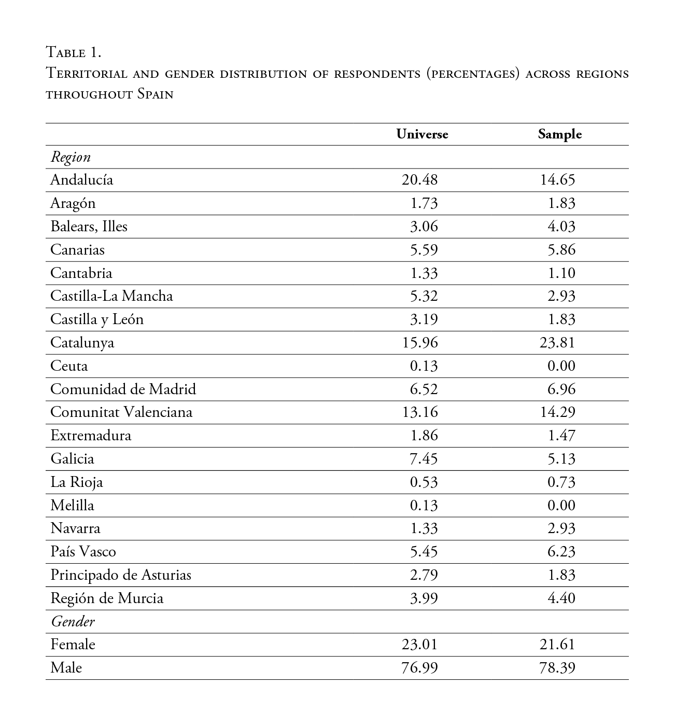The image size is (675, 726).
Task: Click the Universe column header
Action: (x=422, y=134)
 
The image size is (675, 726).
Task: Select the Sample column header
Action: (x=559, y=134)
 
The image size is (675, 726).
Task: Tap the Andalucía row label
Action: (x=81, y=180)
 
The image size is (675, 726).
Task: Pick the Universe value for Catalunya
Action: (x=419, y=343)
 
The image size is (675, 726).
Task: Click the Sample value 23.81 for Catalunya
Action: (x=557, y=343)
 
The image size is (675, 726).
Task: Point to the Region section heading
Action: (x=71, y=157)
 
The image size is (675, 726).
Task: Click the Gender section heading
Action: (x=73, y=621)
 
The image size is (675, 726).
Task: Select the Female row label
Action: (x=73, y=645)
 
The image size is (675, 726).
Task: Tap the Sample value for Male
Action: (x=557, y=668)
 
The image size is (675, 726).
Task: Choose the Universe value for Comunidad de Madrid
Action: (x=424, y=389)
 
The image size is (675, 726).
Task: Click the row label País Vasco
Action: (x=83, y=552)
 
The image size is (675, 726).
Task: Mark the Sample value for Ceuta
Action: (x=561, y=366)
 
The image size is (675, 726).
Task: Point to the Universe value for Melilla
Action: (x=424, y=506)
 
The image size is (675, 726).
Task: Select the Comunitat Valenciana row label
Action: (x=121, y=412)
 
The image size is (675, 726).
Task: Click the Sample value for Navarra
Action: (x=561, y=528)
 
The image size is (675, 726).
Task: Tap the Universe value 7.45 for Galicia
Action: (x=424, y=459)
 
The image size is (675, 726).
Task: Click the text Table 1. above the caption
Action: (x=73, y=52)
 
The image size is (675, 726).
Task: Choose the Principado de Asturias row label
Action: (x=121, y=575)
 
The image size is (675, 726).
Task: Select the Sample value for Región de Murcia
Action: (x=561, y=598)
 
